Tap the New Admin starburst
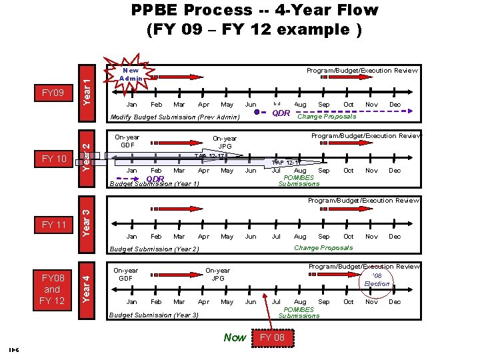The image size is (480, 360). tap(132, 74)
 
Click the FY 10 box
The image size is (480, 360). tap(54, 159)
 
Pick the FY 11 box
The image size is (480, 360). tap(54, 225)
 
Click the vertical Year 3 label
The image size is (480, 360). tap(87, 217)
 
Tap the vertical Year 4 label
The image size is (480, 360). tap(87, 283)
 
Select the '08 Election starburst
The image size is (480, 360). tap(377, 279)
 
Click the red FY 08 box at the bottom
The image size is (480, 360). tap(271, 337)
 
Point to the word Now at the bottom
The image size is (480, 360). tap(235, 337)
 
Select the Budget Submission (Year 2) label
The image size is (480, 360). tap(154, 249)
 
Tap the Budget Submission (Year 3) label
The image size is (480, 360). tap(153, 315)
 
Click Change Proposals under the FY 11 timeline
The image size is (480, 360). tap(323, 248)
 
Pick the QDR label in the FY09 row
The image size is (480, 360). tap(281, 113)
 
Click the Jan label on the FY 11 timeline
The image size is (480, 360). tap(132, 237)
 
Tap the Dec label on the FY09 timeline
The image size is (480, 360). tap(395, 105)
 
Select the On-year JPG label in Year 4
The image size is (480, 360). tap(218, 274)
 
